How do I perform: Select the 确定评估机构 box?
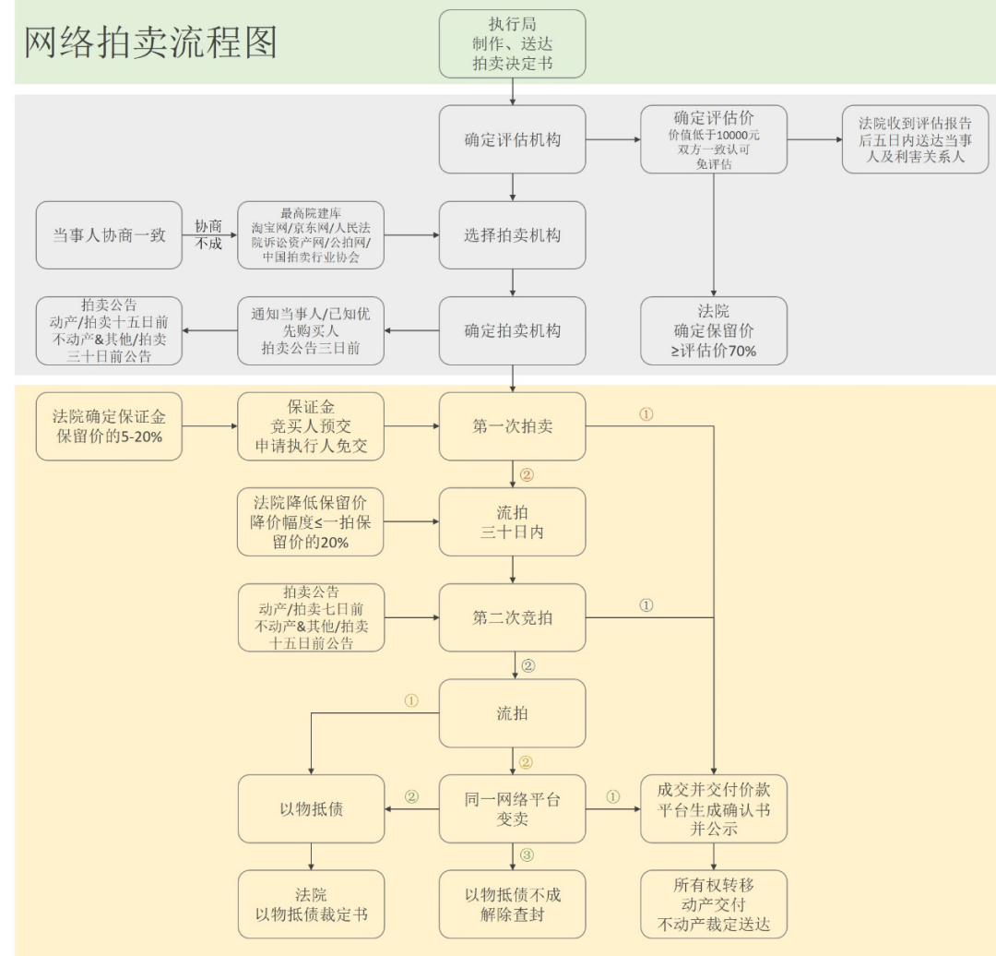tap(513, 140)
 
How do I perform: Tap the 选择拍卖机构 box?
tap(513, 235)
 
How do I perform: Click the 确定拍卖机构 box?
tap(513, 330)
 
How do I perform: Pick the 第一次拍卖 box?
tap(513, 426)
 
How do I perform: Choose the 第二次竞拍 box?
tap(513, 617)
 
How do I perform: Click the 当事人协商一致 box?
tap(109, 235)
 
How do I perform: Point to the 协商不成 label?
tap(209, 235)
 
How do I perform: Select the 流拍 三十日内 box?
tap(513, 521)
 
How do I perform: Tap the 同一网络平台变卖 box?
tap(513, 808)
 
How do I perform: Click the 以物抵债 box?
tap(310, 808)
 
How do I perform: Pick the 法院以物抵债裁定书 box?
tap(310, 904)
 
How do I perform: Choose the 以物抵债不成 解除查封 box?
tap(513, 904)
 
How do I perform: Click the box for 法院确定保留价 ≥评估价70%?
tap(714, 330)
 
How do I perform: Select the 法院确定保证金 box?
tap(109, 426)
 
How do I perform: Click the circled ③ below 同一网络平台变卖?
tap(527, 855)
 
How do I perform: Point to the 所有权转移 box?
tap(714, 904)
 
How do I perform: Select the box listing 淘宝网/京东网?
tap(310, 235)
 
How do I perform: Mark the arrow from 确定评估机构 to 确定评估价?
tap(612, 140)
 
